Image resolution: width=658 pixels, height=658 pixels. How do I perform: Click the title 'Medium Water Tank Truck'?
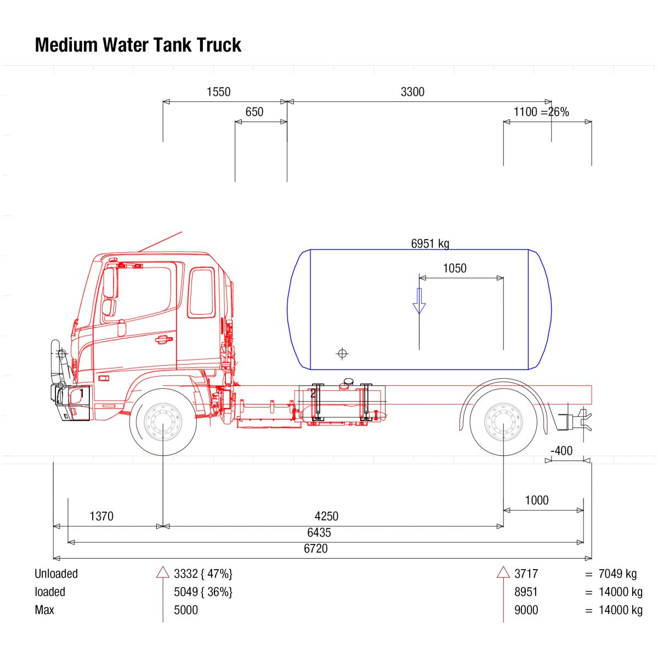point(138,45)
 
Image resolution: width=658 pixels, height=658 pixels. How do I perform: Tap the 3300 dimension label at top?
point(412,92)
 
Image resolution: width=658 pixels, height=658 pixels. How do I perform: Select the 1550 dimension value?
point(218,92)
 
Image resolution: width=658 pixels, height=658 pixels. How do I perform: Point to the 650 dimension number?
point(254,112)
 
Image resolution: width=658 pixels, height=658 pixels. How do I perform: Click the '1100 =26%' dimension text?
point(541,112)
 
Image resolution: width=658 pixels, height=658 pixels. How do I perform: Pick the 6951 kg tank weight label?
point(430,243)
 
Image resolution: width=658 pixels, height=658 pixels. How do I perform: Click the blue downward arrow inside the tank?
point(419,301)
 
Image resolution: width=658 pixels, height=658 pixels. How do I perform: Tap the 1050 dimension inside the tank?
point(455,269)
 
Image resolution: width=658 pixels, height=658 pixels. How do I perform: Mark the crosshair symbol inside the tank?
point(342,354)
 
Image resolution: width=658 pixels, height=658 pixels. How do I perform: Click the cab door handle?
point(162,339)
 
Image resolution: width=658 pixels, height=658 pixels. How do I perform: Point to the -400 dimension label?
point(561,451)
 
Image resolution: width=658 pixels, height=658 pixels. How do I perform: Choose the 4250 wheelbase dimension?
point(326,517)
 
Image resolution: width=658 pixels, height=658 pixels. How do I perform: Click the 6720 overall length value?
point(315,549)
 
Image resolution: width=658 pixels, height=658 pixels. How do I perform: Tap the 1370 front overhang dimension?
point(101,517)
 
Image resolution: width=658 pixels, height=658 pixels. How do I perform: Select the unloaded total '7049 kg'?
point(617,574)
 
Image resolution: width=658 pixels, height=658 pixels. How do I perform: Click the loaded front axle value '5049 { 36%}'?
point(203,592)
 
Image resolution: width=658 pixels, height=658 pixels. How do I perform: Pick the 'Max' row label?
point(44,610)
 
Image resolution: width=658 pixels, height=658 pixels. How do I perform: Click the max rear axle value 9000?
point(526,610)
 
